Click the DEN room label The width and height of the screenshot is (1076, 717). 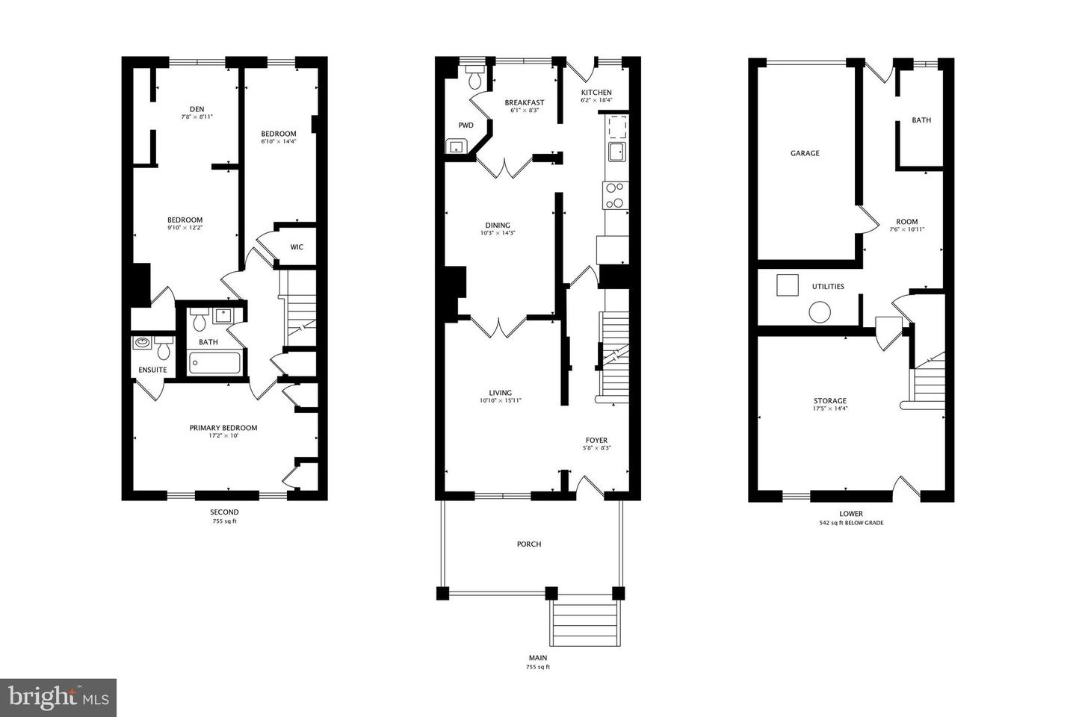click(197, 109)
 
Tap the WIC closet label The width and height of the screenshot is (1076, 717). click(297, 247)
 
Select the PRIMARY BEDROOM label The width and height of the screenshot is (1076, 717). click(223, 428)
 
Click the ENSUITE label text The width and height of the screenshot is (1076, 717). click(153, 370)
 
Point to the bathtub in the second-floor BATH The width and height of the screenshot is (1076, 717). click(214, 364)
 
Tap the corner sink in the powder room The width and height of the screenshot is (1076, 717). click(454, 146)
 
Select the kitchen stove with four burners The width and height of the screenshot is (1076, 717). click(614, 196)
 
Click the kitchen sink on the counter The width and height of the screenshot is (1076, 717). click(616, 152)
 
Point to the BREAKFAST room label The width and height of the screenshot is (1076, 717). click(524, 102)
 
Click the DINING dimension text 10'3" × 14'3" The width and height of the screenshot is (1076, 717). click(498, 233)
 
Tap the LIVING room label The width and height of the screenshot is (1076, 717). click(500, 393)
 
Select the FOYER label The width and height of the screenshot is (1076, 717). click(596, 440)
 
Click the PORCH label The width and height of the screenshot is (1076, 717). click(529, 544)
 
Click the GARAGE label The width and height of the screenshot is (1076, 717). click(805, 153)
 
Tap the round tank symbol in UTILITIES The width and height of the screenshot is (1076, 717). click(820, 312)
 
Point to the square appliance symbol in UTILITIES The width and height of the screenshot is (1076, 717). click(787, 285)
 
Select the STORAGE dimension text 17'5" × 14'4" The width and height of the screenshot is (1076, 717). click(830, 409)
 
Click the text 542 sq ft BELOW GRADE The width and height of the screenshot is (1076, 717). click(851, 523)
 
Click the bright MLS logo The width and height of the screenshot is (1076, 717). click(58, 698)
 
